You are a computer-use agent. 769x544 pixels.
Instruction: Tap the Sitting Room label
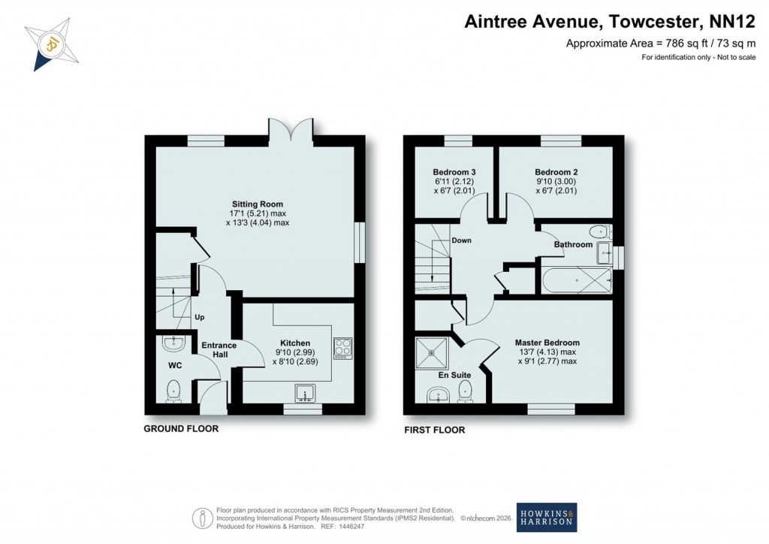[256, 204]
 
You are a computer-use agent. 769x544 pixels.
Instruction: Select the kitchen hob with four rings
[342, 348]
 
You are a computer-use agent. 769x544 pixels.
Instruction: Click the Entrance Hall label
[219, 350]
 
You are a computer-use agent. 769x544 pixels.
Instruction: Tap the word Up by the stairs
[200, 318]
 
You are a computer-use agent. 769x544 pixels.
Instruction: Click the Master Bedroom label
[547, 343]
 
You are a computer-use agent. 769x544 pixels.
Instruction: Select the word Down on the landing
[461, 241]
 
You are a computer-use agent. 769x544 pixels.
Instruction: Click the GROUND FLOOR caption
[181, 429]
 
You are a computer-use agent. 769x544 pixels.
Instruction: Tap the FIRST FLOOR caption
[434, 431]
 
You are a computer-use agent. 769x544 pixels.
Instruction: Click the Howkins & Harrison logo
[547, 518]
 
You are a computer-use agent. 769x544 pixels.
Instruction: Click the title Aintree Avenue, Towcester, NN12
[609, 22]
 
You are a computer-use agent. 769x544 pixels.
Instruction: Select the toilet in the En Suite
[465, 389]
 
